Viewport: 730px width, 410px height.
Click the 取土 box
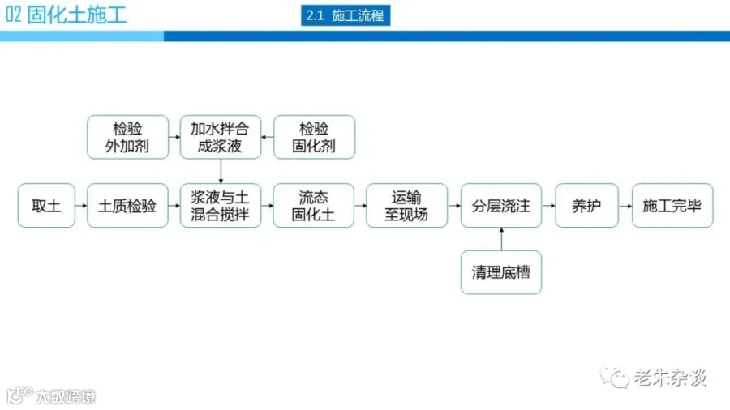coord(46,206)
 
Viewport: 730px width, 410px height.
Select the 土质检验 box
coord(127,206)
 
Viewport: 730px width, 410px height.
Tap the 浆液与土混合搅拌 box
coord(221,206)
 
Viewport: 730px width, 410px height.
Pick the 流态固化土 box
coord(314,206)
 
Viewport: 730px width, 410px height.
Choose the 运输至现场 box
coord(407,206)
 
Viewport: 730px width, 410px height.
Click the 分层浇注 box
coord(501,206)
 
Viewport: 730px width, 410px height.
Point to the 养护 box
coord(586,206)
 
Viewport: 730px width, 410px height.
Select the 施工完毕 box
coord(672,206)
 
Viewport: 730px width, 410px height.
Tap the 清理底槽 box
coord(501,272)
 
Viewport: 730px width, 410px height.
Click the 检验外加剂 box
coord(127,137)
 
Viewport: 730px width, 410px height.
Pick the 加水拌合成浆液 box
coord(221,137)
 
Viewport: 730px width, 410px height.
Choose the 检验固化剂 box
coord(314,137)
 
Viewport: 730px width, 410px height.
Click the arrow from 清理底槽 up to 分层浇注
coord(501,239)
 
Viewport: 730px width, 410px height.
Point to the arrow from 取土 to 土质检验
coord(80,206)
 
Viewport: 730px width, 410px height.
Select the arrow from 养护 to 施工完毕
coord(625,206)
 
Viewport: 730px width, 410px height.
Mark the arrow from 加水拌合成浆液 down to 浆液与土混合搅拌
coord(221,171)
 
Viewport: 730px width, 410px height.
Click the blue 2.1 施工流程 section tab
coord(346,15)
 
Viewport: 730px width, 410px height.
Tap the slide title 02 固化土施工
coord(67,15)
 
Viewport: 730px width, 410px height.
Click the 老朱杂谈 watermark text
coord(669,377)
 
